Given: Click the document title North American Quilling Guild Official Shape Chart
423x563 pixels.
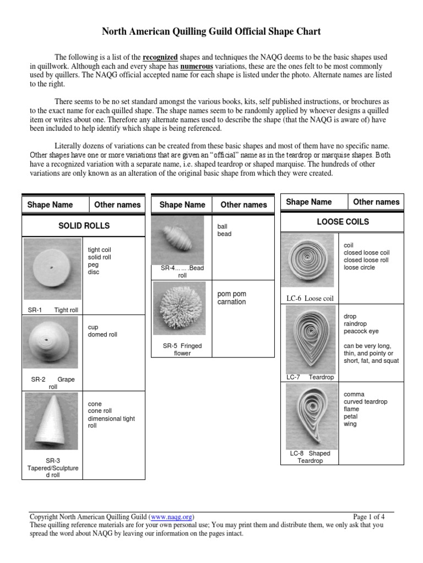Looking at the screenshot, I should pyautogui.click(x=211, y=32).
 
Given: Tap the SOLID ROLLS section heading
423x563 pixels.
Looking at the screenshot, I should pyautogui.click(x=84, y=225).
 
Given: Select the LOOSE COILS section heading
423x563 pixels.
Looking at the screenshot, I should pyautogui.click(x=343, y=222).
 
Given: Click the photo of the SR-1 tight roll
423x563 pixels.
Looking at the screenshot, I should pyautogui.click(x=52, y=269).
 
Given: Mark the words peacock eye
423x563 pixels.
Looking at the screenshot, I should pyautogui.click(x=361, y=332).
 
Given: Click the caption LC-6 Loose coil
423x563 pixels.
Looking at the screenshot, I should pyautogui.click(x=310, y=299).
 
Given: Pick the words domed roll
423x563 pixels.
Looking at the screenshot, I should pyautogui.click(x=102, y=334).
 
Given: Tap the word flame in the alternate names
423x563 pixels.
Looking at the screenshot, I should pyautogui.click(x=351, y=409).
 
